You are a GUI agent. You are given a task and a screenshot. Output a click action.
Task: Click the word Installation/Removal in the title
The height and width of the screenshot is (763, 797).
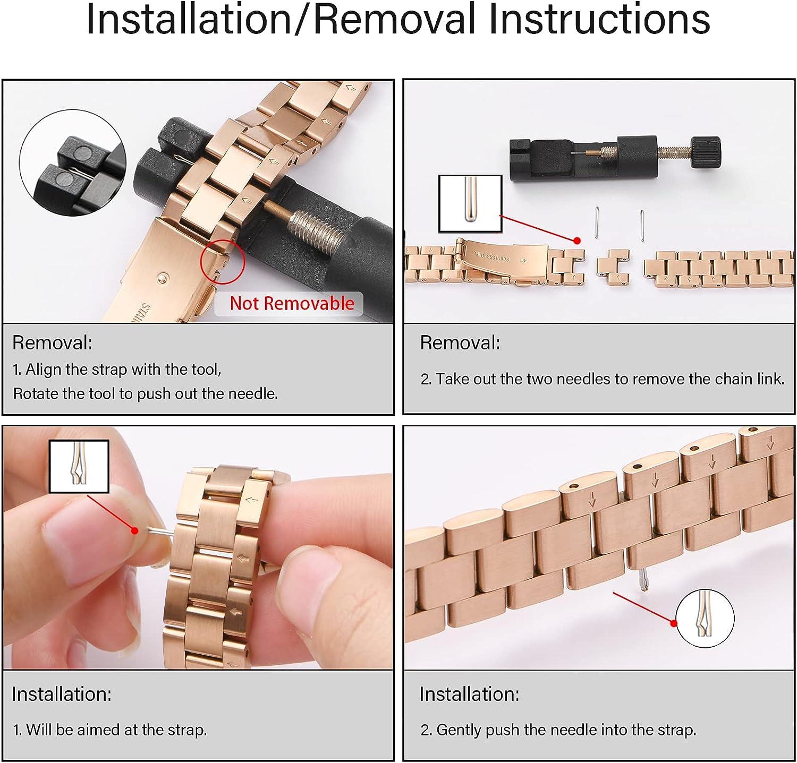282,20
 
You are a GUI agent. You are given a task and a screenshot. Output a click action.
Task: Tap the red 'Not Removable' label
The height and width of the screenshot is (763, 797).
292,303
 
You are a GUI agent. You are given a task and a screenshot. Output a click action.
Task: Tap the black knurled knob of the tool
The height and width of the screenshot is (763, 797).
706,152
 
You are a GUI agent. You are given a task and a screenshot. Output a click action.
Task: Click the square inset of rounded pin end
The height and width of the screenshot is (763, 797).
470,204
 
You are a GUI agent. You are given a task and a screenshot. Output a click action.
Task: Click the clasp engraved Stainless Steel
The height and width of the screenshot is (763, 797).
497,260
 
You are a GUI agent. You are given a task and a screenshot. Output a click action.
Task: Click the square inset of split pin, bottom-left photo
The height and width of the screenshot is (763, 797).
79,466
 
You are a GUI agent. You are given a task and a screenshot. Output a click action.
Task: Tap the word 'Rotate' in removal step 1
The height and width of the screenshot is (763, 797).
37,393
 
